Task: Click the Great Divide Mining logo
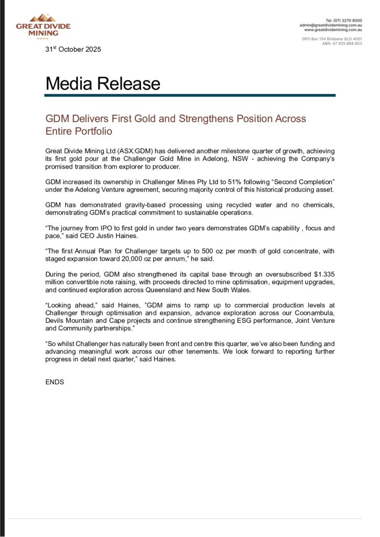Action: click(x=43, y=26)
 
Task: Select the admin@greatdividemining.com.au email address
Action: click(x=331, y=25)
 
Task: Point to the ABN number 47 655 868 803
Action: click(x=347, y=44)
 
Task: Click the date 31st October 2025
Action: click(x=73, y=49)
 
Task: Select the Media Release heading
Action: click(x=102, y=83)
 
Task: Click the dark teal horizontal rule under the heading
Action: click(x=190, y=95)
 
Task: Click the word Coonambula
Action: click(x=313, y=313)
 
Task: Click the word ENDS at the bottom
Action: click(x=55, y=382)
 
